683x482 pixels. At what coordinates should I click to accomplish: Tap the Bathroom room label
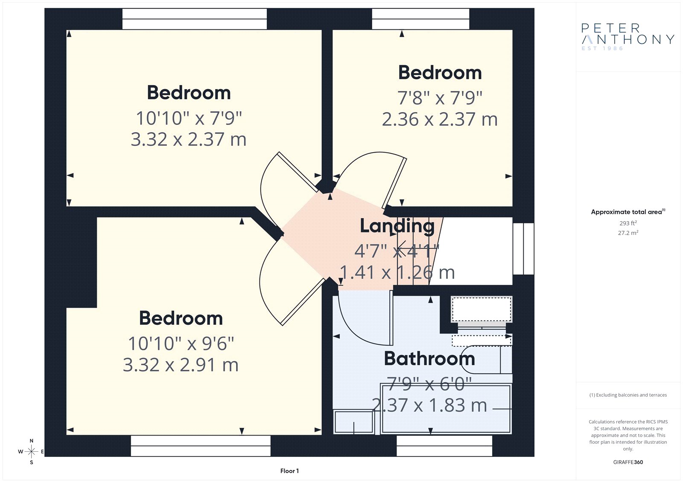(429, 359)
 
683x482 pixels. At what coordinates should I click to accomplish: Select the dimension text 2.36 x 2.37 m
(440, 119)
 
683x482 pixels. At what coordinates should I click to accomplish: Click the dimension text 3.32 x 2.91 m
(181, 365)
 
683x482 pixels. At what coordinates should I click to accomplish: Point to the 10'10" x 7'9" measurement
(189, 118)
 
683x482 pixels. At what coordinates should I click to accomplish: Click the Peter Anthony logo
(628, 37)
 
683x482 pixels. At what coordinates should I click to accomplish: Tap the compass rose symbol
(31, 451)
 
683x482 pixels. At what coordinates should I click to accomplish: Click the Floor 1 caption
(289, 471)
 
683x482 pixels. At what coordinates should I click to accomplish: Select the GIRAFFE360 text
(628, 462)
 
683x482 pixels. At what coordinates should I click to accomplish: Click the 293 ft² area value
(628, 223)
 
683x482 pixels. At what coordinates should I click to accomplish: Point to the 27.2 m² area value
(628, 233)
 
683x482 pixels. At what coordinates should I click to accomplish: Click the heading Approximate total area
(628, 212)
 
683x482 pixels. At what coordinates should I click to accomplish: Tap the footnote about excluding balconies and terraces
(628, 395)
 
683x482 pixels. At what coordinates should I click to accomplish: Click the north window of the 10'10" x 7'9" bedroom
(195, 19)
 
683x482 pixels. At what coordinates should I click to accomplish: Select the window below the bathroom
(444, 446)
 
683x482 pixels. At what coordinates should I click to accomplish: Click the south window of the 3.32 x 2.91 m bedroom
(201, 446)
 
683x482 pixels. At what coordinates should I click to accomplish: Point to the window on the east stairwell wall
(523, 249)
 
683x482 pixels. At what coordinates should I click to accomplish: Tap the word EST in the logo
(589, 49)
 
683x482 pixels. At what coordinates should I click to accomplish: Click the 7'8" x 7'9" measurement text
(440, 98)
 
